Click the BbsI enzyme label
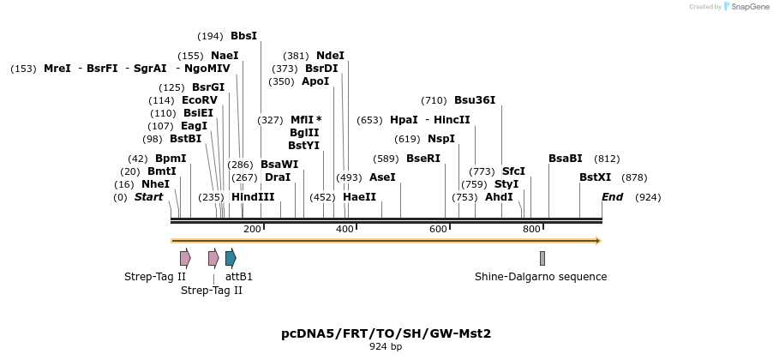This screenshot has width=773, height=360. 243,36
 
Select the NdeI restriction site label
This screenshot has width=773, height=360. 330,56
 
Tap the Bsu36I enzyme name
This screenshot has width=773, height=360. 475,100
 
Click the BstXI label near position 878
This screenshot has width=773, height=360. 595,177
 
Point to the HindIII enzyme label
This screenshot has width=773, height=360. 253,197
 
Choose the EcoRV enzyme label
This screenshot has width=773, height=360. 200,100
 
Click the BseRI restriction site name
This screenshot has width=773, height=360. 422,159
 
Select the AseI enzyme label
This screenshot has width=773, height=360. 381,177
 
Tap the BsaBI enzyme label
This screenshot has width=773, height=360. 565,159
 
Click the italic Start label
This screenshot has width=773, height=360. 148,197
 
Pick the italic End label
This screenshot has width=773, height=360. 612,197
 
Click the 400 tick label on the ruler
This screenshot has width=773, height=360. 345,229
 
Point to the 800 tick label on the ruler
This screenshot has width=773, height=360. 531,229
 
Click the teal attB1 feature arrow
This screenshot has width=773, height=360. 231,258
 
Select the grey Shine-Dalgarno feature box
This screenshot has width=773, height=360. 542,258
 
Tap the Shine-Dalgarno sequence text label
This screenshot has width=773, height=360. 541,277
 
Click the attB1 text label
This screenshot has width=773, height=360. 239,277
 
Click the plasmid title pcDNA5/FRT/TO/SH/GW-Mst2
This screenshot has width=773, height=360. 386,333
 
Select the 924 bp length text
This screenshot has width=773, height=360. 386,347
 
